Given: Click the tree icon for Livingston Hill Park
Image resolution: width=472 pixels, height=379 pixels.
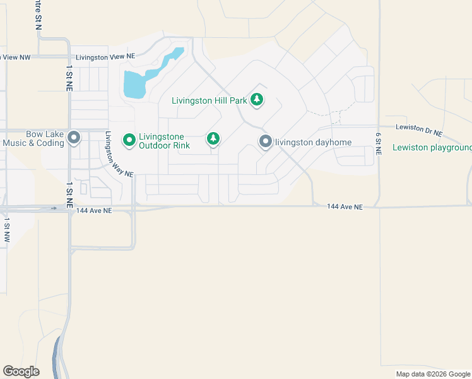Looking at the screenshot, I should click(x=257, y=100).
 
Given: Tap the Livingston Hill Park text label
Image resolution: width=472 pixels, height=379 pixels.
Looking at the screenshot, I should click(x=209, y=100).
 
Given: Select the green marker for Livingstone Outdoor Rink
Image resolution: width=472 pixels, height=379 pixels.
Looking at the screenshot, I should click(x=129, y=140).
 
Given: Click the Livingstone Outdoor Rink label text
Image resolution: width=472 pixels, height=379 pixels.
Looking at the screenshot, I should click(x=164, y=140).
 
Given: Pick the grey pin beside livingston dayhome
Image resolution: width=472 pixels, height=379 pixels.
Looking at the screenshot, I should click(x=266, y=141).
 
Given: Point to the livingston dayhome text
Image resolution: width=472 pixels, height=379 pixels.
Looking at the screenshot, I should click(x=314, y=142).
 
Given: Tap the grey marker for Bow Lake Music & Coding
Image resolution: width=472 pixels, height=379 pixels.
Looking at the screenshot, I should click(x=74, y=138).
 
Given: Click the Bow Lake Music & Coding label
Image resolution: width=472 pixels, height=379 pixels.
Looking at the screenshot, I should click(x=35, y=138).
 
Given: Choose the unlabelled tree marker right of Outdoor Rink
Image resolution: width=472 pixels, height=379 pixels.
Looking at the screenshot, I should click(x=213, y=138).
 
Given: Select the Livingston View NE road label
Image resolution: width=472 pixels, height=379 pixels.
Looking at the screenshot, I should click(x=105, y=57).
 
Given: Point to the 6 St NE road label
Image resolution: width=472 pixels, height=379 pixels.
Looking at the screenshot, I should click(x=379, y=144).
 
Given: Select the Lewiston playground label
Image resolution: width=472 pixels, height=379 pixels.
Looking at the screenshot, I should click(x=432, y=148).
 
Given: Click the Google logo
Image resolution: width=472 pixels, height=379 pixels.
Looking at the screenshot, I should click(x=21, y=371).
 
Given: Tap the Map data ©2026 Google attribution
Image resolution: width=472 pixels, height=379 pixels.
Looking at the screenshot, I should click(x=433, y=374).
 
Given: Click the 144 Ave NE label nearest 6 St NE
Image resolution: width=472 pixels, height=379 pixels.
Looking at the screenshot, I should click(x=345, y=207).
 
